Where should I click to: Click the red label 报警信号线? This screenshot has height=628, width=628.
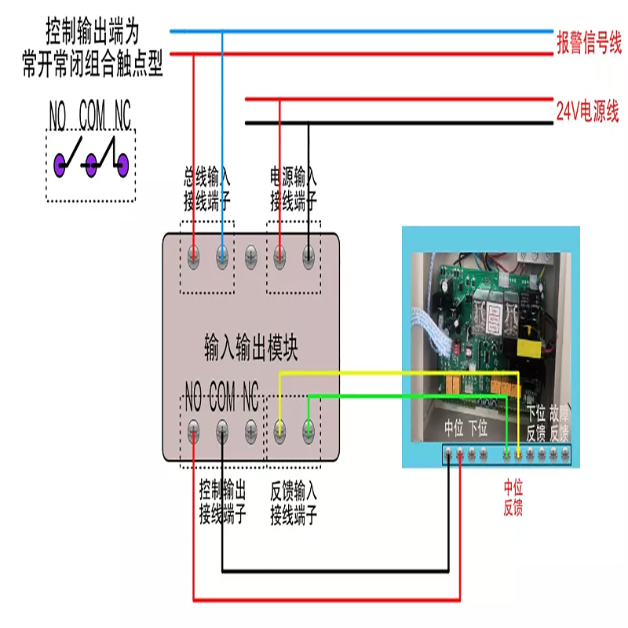589,43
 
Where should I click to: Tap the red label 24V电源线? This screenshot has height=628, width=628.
588,111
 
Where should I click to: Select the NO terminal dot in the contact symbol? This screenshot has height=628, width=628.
60,164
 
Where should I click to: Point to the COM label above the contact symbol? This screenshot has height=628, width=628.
92,117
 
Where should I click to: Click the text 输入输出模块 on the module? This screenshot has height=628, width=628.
251,346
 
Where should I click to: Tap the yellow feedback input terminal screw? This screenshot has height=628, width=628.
279,429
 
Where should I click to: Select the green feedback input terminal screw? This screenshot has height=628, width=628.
309,429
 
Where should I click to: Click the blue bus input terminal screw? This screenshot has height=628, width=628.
222,254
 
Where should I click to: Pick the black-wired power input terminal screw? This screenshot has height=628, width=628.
309,254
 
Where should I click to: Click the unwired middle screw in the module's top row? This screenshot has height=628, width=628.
251,254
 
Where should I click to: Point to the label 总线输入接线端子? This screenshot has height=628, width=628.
207,189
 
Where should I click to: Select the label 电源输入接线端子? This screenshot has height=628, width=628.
294,189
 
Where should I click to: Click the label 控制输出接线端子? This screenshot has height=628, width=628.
222,503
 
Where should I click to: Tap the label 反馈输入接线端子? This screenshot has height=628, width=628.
294,503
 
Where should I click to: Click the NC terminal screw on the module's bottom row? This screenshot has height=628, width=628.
250,429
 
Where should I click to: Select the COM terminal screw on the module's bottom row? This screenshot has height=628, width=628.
222,429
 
